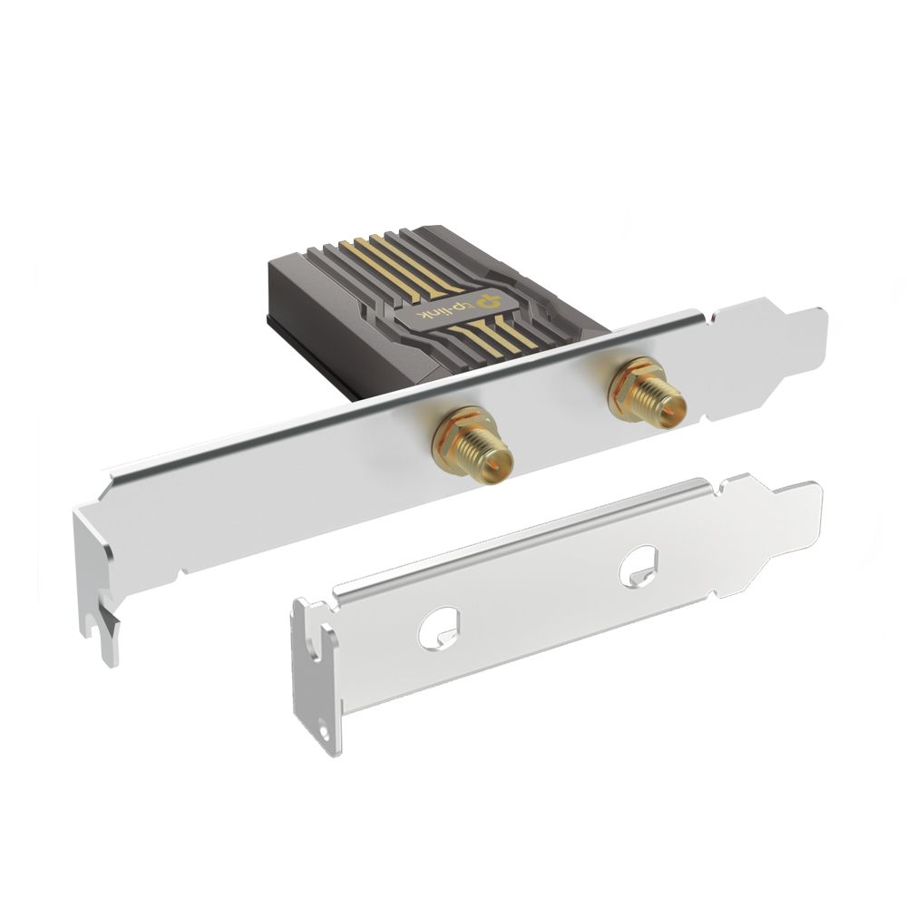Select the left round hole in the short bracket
[437, 625]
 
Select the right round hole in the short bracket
[639, 564]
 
